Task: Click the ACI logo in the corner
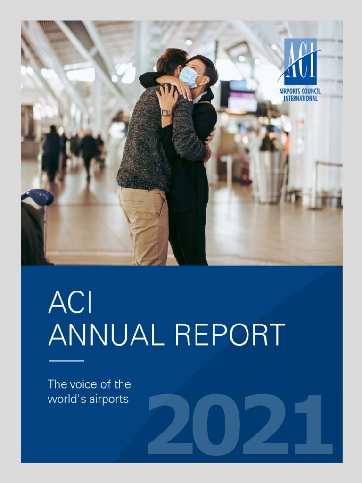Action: (x=300, y=61)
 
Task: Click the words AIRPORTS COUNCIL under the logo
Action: (x=300, y=91)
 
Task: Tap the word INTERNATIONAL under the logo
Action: (x=300, y=98)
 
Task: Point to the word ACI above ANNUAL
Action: (x=70, y=303)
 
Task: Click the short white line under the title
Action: (x=66, y=361)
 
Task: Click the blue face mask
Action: (x=189, y=76)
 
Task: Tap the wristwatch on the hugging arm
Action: (x=165, y=112)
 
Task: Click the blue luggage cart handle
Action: (x=38, y=197)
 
